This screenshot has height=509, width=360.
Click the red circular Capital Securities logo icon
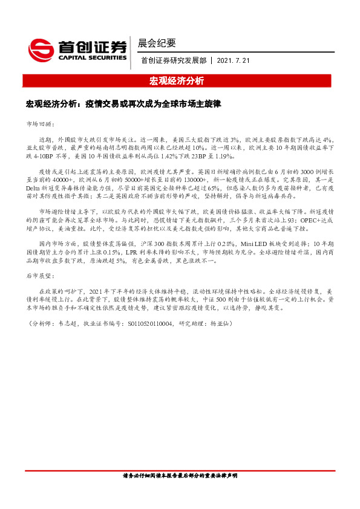coord(40,48)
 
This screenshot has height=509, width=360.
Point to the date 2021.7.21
coord(232,60)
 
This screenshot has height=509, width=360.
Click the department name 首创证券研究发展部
coord(175,60)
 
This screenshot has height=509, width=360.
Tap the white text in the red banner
coord(180,80)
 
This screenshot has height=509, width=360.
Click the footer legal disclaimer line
coord(180,493)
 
